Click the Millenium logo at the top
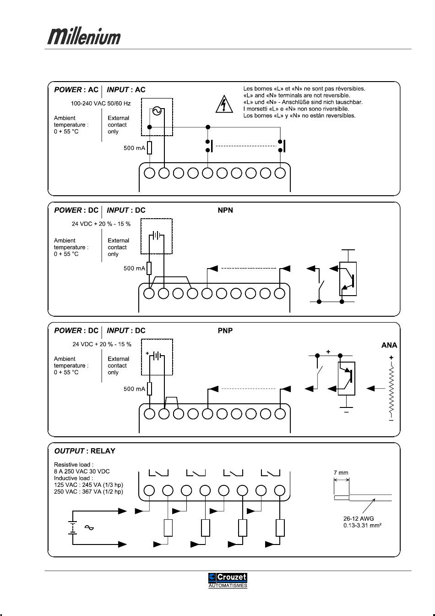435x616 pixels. [84, 36]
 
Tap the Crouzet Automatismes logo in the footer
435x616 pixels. [228, 580]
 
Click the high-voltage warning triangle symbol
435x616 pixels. [224, 104]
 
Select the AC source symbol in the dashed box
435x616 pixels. [157, 111]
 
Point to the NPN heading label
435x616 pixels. [225, 210]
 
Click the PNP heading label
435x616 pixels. [225, 330]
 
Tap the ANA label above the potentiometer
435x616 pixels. [389, 346]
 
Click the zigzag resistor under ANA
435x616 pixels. [391, 389]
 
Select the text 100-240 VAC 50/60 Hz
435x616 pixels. [101, 104]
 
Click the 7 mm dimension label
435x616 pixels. [341, 473]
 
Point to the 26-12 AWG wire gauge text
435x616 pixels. [359, 519]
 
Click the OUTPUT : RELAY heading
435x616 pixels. [85, 451]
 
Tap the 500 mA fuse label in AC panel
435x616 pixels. [134, 148]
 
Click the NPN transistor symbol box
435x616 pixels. [348, 279]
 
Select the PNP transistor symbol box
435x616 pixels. [346, 379]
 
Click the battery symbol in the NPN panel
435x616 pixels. [157, 236]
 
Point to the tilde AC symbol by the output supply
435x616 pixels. [89, 528]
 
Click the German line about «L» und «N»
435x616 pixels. [303, 102]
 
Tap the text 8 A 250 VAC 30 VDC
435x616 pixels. [82, 471]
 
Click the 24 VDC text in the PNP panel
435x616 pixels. [102, 344]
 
